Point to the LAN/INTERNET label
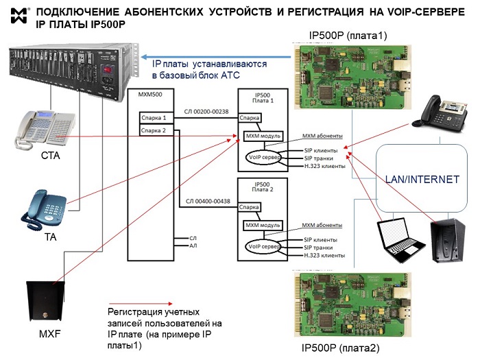[421, 180]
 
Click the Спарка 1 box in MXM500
[154, 118]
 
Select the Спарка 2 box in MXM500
[154, 130]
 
